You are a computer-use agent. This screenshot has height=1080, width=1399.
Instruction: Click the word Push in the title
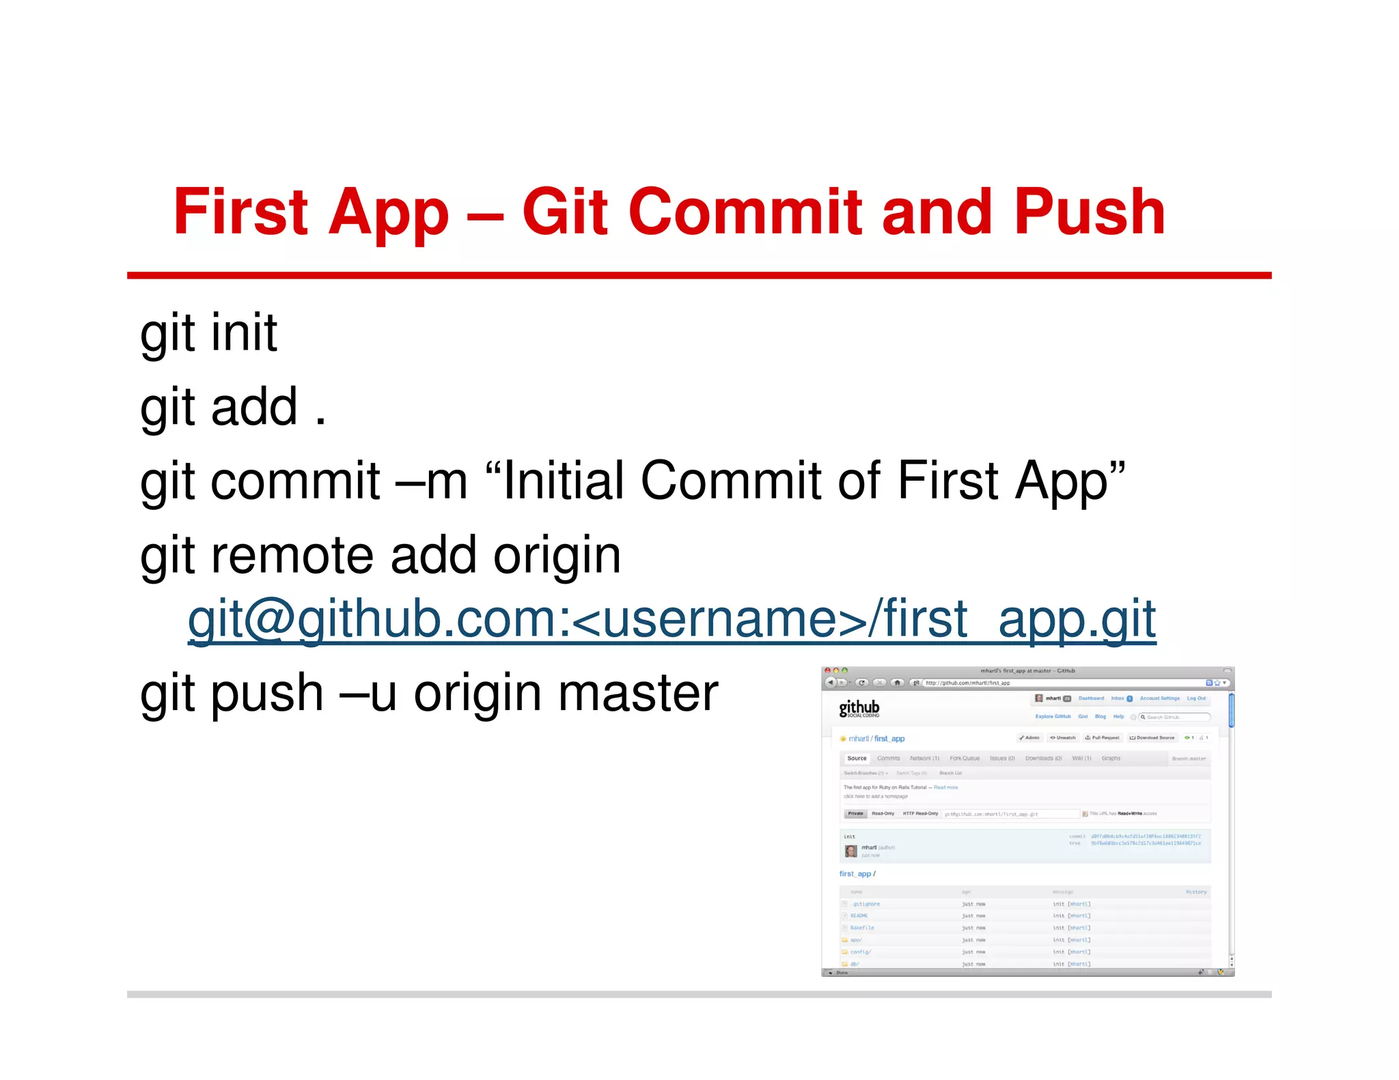coord(1089,212)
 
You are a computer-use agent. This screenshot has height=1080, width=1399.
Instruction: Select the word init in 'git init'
coord(244,332)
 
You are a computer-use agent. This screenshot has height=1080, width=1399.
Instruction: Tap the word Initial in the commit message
coord(563,481)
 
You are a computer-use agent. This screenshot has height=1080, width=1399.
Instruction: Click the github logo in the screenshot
coord(859,708)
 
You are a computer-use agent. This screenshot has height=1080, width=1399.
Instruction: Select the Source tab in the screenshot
coord(857,758)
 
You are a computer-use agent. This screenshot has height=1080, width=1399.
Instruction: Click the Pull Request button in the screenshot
coord(1102,738)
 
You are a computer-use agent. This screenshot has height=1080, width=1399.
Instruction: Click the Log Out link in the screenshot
coord(1196,698)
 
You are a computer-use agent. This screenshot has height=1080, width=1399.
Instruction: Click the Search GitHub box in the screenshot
coord(1175,717)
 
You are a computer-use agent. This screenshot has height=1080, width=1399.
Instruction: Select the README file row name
coord(859,916)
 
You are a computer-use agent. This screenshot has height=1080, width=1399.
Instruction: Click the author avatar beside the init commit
coord(850,851)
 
